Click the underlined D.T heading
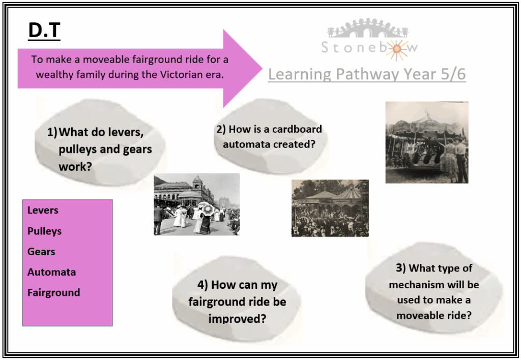(x=44, y=31)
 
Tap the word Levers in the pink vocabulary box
(x=43, y=210)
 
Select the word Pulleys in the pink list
(x=45, y=231)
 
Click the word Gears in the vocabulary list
(x=41, y=252)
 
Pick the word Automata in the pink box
(x=51, y=273)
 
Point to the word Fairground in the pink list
(x=54, y=292)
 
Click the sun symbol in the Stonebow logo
(x=396, y=49)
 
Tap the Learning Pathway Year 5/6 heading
(x=367, y=74)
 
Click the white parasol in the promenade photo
(x=207, y=208)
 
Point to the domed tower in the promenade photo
(x=197, y=184)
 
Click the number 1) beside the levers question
(x=52, y=133)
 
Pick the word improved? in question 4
(x=237, y=318)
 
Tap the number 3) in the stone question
(x=401, y=267)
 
